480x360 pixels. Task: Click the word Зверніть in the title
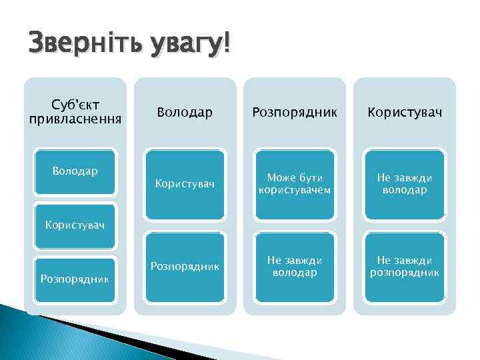73,46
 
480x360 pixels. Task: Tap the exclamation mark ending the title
227,46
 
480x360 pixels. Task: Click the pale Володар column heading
185,113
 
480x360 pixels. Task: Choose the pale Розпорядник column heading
294,113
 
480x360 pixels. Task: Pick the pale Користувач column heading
404,113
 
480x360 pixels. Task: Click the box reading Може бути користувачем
294,185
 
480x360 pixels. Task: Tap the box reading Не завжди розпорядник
404,267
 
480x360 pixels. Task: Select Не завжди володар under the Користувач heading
404,185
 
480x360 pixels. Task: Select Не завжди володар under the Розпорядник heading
294,267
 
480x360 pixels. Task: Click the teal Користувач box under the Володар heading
185,185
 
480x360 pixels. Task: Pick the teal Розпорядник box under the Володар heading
185,267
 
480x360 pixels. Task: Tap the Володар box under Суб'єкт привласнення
75,172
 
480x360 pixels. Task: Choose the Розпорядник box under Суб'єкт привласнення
75,277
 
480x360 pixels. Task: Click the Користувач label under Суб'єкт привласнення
75,225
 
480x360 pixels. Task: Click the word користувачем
294,191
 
